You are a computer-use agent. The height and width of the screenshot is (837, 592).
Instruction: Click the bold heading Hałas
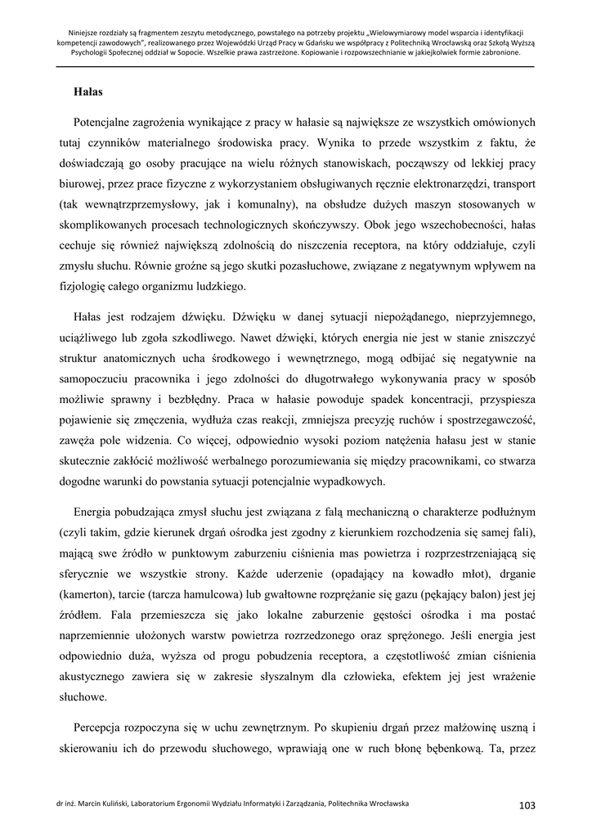pos(87,92)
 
